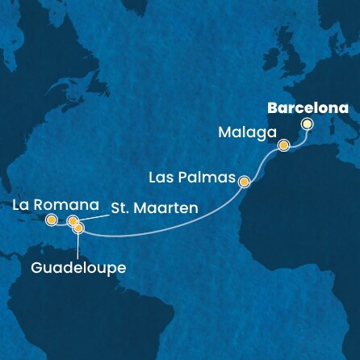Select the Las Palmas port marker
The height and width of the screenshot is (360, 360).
[244, 182]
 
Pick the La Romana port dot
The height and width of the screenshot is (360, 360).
[51, 220]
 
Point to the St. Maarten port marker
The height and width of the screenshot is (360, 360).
[73, 220]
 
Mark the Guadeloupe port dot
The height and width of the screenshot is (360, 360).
[78, 228]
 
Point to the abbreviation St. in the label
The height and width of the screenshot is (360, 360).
[116, 209]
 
